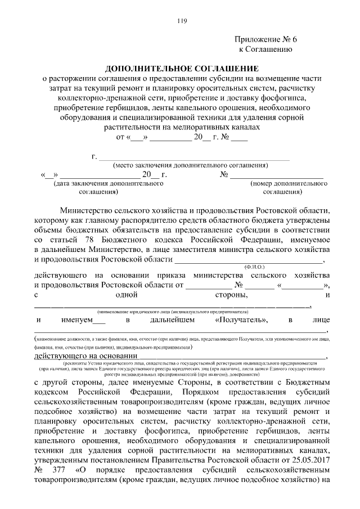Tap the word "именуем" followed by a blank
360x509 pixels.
point(78,320)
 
